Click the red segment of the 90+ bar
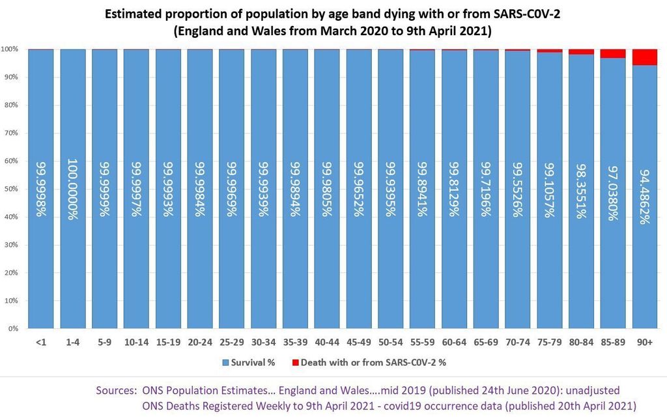[x=645, y=57]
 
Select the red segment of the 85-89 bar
[x=613, y=53]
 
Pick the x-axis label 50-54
[x=390, y=341]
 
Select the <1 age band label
[x=41, y=341]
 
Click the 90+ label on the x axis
[x=645, y=341]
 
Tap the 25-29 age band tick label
[x=231, y=341]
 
